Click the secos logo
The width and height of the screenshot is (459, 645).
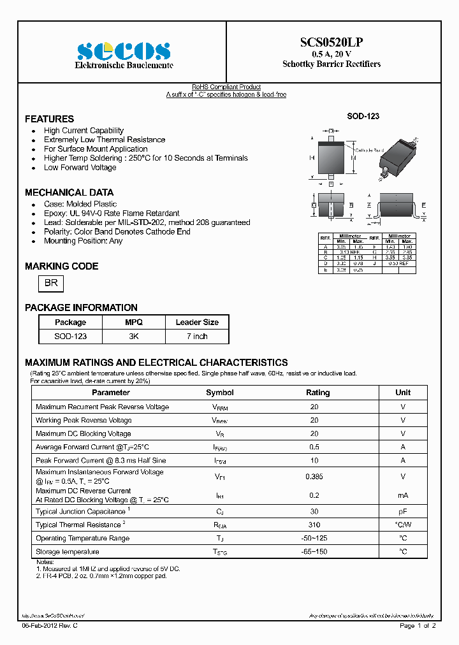tap(124, 52)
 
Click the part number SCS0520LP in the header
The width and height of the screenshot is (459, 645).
tap(331, 43)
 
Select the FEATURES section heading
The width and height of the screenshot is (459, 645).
tap(49, 119)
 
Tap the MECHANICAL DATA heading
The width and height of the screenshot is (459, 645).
tap(69, 192)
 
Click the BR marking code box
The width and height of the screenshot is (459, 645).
tap(51, 284)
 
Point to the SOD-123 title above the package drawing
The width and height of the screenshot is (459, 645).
tap(363, 116)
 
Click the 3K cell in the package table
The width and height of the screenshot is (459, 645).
tap(134, 336)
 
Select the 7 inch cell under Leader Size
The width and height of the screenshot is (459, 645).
tap(197, 336)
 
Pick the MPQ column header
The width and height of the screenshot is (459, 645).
tap(134, 322)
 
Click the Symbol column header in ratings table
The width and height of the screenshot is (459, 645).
tap(220, 393)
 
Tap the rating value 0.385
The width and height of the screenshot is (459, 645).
tap(314, 476)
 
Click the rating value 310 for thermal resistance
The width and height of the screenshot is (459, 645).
tap(314, 525)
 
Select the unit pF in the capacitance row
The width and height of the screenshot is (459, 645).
tap(403, 512)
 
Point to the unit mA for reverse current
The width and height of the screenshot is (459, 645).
tap(403, 495)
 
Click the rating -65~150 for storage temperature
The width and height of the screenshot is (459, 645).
tap(314, 552)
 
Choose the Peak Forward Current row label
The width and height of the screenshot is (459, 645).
tap(101, 460)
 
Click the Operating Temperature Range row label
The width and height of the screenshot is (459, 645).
tap(82, 539)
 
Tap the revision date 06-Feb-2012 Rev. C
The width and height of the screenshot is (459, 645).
tap(50, 626)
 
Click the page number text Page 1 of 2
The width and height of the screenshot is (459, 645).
tap(418, 626)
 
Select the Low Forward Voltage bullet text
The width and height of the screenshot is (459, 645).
tap(80, 168)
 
